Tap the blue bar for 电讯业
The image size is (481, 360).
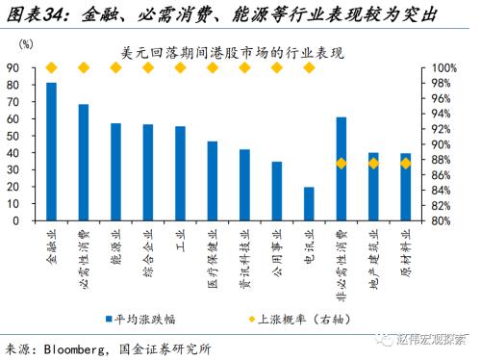[309, 203]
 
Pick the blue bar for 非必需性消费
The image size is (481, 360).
[342, 168]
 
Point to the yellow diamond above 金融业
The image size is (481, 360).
[51, 67]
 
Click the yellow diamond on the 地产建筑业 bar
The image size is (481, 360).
[373, 164]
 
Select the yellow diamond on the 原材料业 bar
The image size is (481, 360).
[405, 164]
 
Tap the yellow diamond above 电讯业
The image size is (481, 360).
[309, 67]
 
